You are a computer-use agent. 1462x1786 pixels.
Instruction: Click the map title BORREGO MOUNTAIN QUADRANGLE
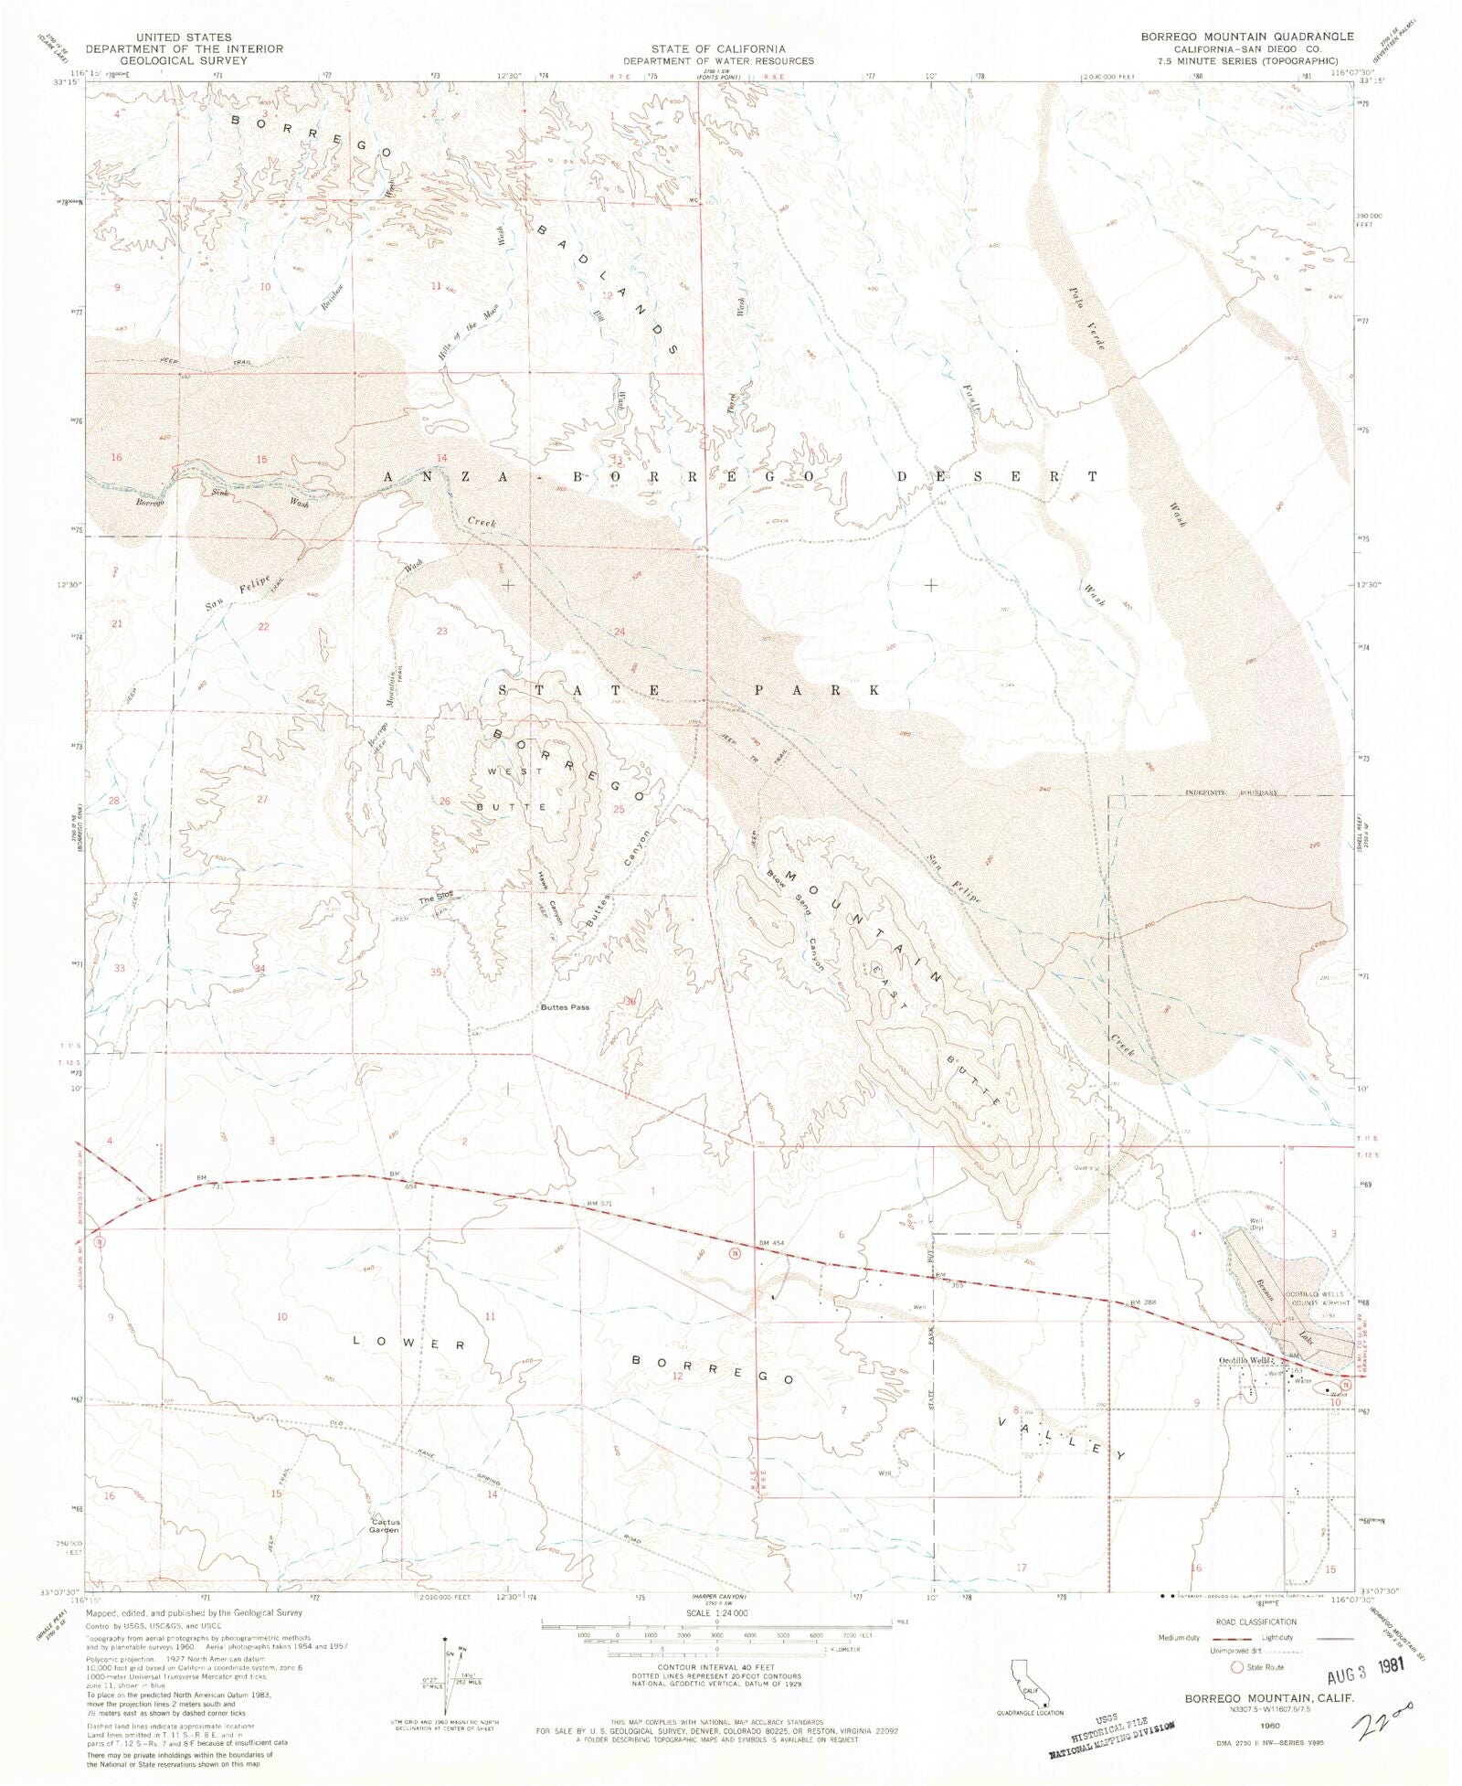[1246, 37]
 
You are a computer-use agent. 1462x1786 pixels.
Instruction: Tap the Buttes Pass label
[565, 1007]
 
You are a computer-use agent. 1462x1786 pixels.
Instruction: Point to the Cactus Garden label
[385, 1526]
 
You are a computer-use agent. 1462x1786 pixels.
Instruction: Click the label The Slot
[436, 899]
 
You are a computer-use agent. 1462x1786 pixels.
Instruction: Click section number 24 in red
[620, 632]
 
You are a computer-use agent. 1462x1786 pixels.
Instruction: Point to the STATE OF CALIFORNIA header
[718, 48]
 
